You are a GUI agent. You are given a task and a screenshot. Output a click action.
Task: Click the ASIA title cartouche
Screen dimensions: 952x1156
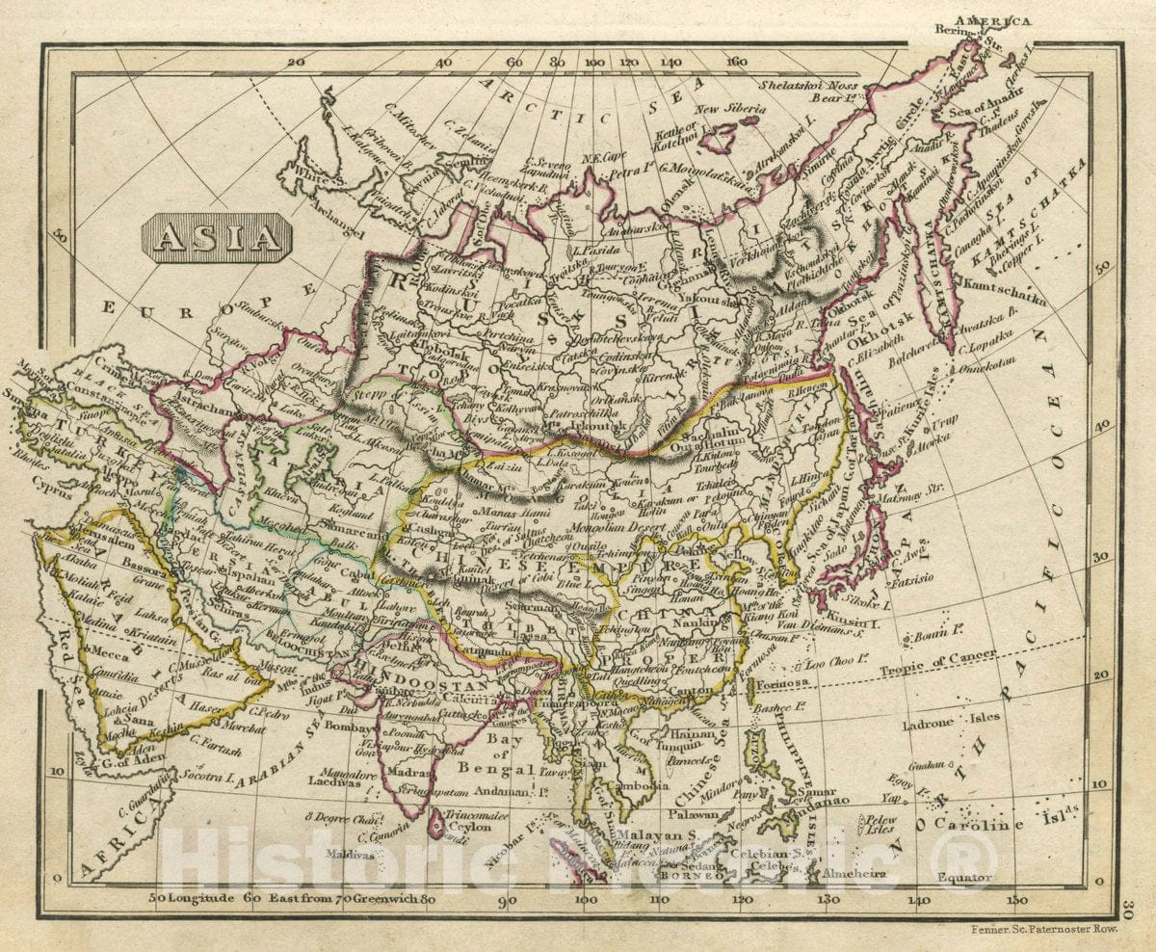(x=216, y=238)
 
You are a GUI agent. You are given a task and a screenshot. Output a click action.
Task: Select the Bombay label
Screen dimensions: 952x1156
(x=347, y=726)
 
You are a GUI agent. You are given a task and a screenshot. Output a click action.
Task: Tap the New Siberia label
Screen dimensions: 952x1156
(x=732, y=109)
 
